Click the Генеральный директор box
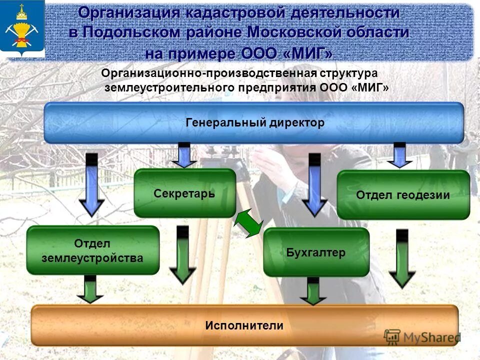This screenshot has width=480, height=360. tap(254, 123)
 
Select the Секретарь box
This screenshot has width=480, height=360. tap(184, 193)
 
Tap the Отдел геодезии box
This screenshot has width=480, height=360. tap(403, 195)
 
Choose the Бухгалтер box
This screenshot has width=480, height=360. tap(316, 252)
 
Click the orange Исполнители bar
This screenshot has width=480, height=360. tap(244, 325)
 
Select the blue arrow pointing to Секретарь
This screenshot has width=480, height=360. tap(184, 155)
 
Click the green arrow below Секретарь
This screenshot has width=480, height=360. tap(182, 255)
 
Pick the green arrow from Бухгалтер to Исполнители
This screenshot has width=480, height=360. tap(313, 291)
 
